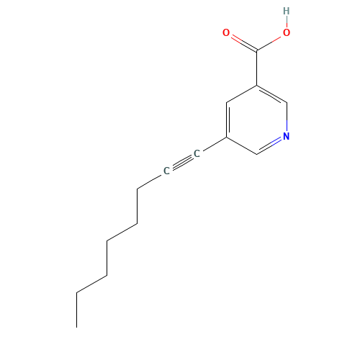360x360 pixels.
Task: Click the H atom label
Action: tap(287, 11)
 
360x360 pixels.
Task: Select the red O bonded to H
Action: tap(287, 32)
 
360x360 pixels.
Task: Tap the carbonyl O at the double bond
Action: tap(226, 32)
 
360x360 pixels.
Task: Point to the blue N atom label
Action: tap(287, 135)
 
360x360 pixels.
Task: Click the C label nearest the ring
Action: tap(197, 153)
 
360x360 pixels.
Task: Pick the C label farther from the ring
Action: tap(166, 171)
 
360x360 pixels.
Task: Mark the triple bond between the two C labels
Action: tap(181, 162)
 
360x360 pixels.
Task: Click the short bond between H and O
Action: tap(287, 22)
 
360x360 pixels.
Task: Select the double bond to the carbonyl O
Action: tap(242, 42)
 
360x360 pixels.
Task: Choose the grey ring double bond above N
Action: tap(272, 94)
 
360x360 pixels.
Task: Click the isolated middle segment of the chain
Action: tap(122, 231)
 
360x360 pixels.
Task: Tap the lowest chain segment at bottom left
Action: tap(92, 284)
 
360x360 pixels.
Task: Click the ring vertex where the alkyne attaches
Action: tap(227, 137)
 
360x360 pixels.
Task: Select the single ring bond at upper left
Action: tap(242, 94)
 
